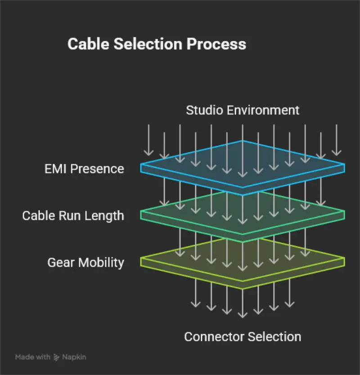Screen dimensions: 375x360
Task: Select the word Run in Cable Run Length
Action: [66, 216]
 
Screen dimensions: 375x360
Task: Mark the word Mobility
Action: [102, 263]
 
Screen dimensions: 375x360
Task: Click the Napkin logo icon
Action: [57, 357]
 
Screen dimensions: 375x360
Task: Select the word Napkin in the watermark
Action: [74, 357]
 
